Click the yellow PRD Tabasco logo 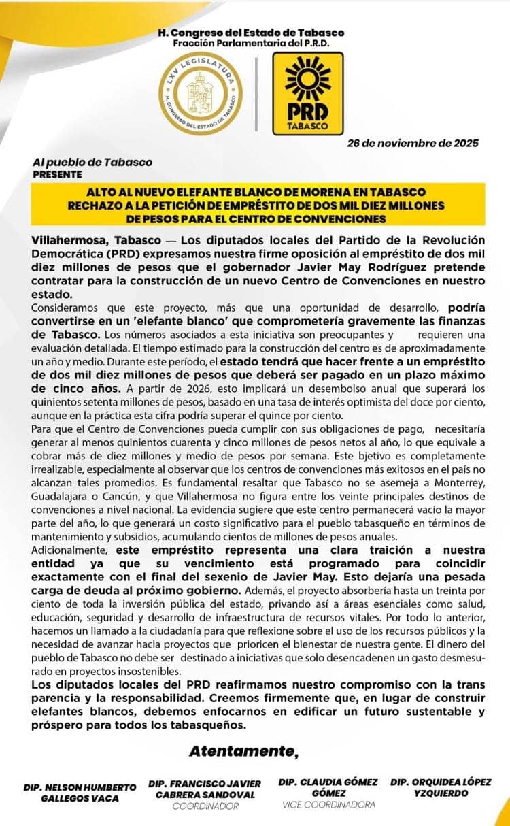[307, 93]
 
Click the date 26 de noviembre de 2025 [412, 143]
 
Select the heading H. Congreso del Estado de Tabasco [251, 33]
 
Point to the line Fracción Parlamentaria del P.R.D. [251, 42]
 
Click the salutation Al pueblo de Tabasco [92, 162]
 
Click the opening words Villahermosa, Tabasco [96, 241]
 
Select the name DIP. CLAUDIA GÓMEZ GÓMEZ [328, 788]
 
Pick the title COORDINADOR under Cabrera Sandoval [205, 806]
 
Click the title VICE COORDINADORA [328, 805]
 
